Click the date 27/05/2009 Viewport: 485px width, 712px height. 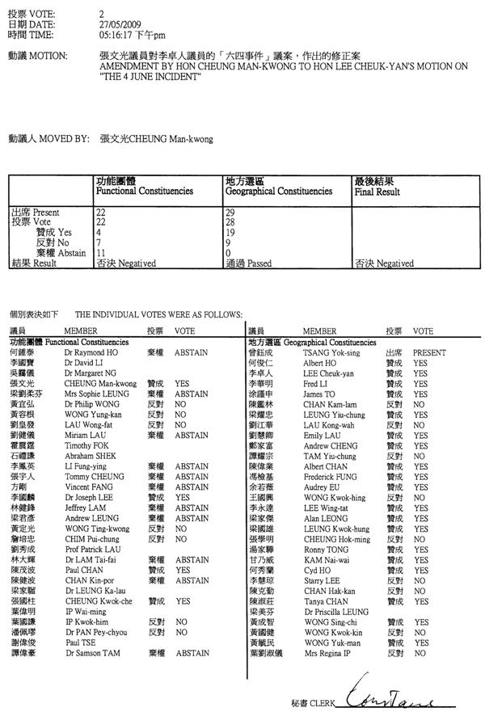click(115, 26)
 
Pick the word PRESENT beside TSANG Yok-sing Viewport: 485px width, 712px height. click(430, 353)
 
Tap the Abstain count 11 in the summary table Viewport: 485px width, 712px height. click(101, 252)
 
